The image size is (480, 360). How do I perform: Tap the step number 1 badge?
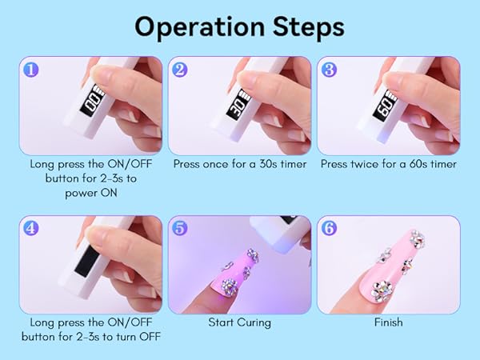pos(31,69)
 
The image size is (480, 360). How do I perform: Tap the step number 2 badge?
pos(181,69)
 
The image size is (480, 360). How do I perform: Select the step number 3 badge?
pos(330,69)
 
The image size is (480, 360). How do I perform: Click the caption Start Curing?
pos(239,322)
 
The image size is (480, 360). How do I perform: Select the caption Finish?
pos(388,322)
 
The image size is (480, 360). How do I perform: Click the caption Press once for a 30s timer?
pos(239,164)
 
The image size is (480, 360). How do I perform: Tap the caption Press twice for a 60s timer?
pos(388,164)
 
